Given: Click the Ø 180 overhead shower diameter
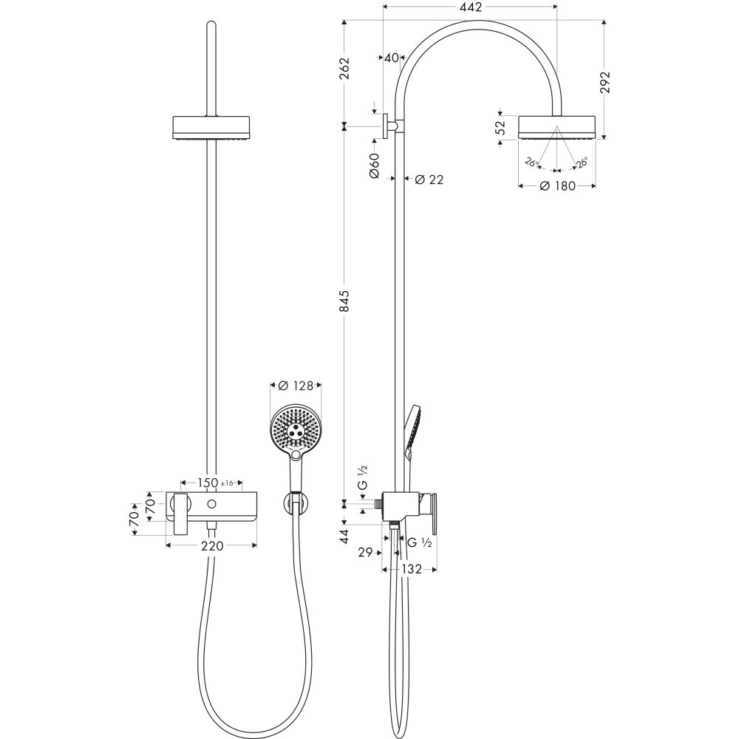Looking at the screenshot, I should (557, 186).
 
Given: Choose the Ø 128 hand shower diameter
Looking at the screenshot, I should (296, 385).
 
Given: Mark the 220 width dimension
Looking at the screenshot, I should (211, 546).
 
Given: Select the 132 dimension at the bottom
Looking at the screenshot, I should (412, 569).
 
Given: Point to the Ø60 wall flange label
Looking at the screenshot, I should (373, 166).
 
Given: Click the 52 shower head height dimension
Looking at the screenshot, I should (501, 126).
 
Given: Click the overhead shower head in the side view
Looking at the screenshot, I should (556, 126).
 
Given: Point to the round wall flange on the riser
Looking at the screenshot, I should (386, 126).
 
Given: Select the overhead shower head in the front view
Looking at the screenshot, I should (212, 127).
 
